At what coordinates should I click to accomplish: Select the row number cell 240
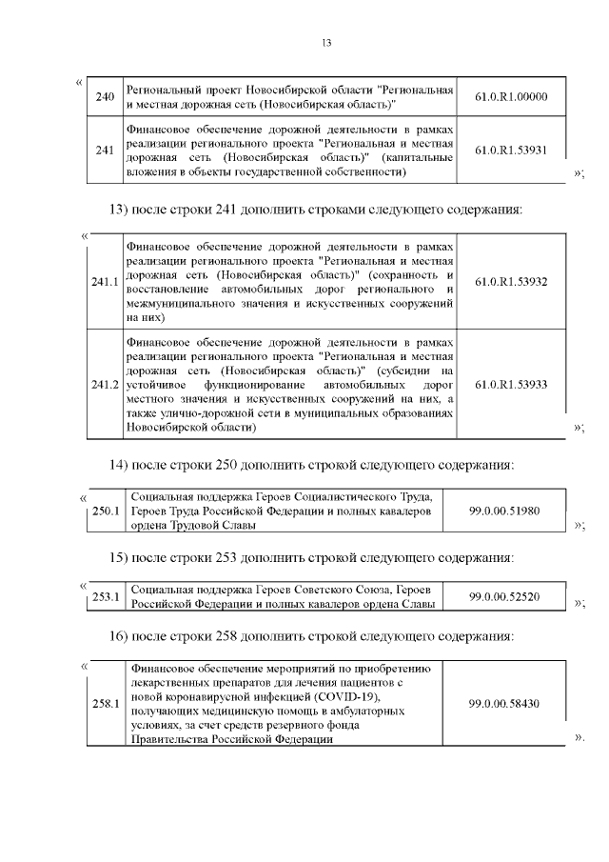click(x=106, y=96)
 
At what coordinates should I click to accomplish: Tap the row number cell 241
click(x=106, y=150)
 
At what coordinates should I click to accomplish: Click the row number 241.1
click(x=105, y=282)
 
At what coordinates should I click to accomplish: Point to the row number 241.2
click(x=105, y=384)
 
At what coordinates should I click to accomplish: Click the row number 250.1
click(x=105, y=511)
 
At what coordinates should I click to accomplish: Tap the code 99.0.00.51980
click(x=504, y=511)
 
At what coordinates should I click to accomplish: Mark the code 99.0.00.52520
click(x=504, y=597)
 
